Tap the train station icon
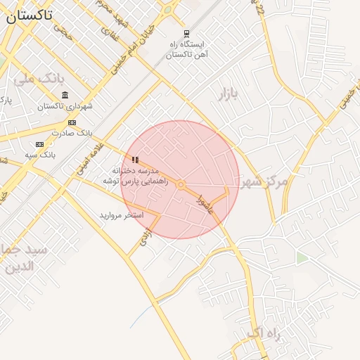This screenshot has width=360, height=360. click(186, 34)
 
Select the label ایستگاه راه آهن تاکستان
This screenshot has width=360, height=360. click(186, 49)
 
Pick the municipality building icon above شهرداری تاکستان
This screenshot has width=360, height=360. click(65, 96)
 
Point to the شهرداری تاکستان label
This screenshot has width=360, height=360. click(65, 107)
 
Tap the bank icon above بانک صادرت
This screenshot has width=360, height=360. click(72, 122)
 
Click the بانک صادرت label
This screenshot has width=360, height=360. click(72, 133)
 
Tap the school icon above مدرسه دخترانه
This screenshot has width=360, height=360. click(135, 160)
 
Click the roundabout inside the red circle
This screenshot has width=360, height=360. click(181, 185)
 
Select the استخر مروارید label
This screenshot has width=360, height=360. click(121, 214)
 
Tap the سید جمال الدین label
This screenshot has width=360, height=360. click(24, 258)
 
